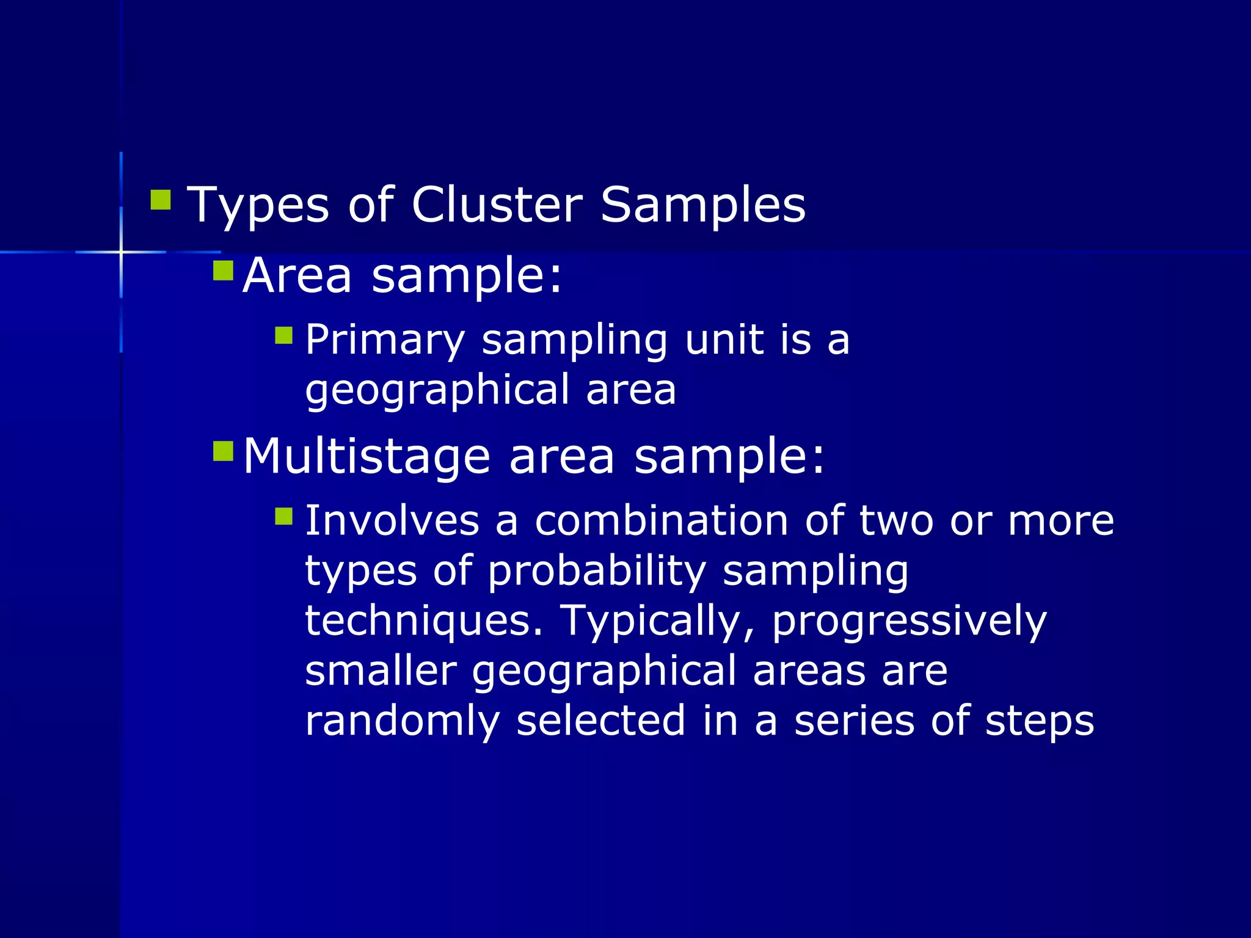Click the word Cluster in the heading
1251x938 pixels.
click(x=497, y=205)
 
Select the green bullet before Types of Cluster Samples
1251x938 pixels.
click(x=161, y=200)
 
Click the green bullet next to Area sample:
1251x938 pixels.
click(x=224, y=271)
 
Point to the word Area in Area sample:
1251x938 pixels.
click(x=297, y=275)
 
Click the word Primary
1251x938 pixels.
click(x=385, y=340)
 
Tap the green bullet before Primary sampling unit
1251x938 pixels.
click(x=284, y=335)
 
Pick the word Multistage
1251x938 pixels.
click(x=367, y=456)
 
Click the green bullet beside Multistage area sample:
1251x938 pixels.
click(x=224, y=452)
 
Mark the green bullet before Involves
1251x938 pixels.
click(x=284, y=517)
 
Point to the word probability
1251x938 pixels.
click(x=597, y=572)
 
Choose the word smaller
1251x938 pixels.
click(x=381, y=671)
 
